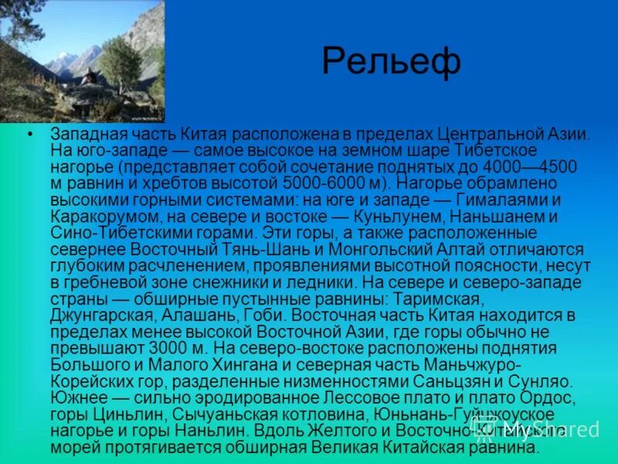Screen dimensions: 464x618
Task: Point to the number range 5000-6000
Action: pyautogui.click(x=317, y=183)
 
